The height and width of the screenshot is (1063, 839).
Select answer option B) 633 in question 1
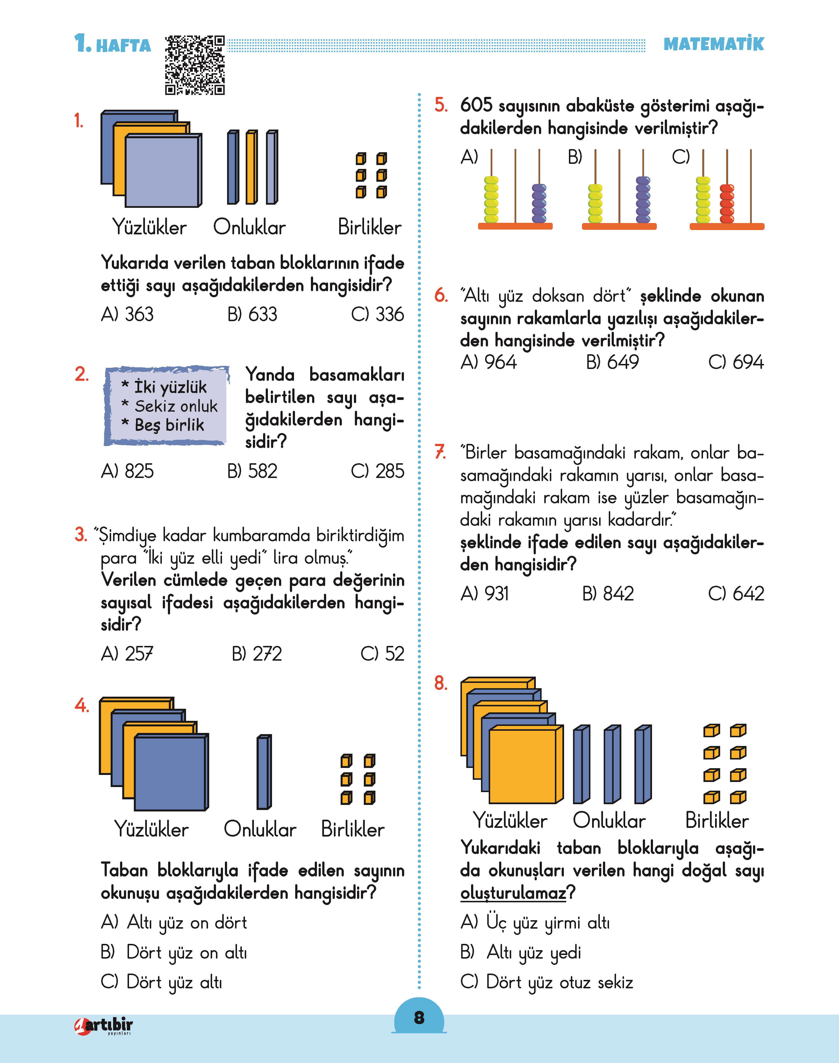click(252, 314)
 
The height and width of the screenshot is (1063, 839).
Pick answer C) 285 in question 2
click(377, 471)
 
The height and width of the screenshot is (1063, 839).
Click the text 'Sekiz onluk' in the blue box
click(175, 406)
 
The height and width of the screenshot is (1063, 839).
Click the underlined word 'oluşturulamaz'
click(513, 893)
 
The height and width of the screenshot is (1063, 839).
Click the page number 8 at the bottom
click(419, 1017)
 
